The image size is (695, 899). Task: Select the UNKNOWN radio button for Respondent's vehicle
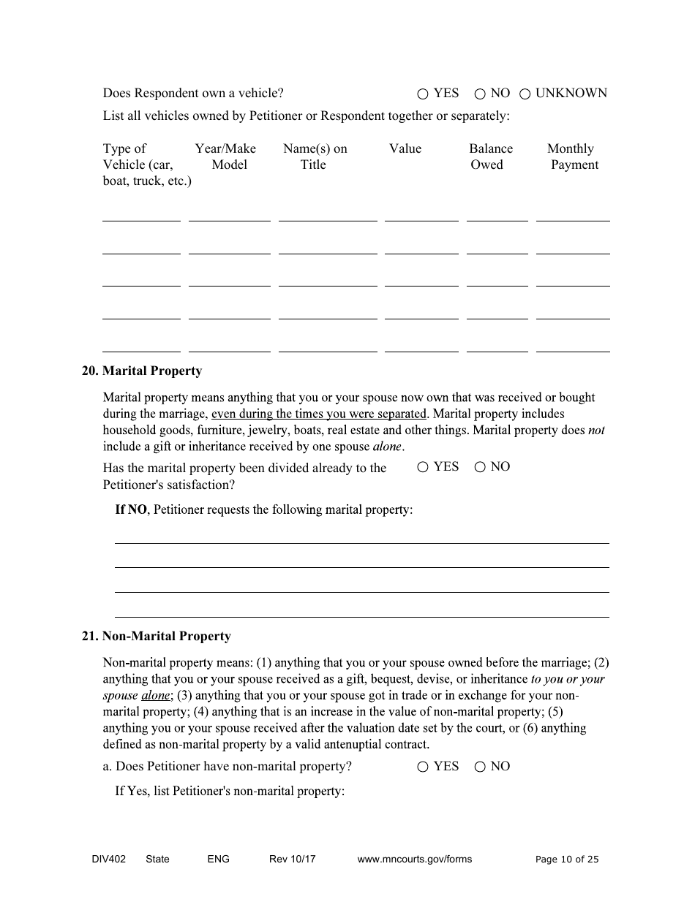525,94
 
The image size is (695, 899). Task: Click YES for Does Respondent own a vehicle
423,94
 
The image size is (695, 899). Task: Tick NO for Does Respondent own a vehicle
480,94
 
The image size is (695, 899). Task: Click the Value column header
405,149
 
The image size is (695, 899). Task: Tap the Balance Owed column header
490,156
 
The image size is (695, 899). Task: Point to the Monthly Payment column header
571,156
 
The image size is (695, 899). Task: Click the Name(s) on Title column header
315,156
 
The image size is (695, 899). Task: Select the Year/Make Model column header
226,156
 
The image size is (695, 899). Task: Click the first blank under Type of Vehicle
141,214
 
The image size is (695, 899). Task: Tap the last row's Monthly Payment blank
572,345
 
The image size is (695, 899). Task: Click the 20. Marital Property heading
141,371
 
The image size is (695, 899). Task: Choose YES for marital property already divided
423,468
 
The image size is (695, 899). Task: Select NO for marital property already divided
480,468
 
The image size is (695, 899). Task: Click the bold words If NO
131,509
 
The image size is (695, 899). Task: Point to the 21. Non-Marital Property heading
156,637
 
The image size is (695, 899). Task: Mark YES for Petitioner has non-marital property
423,767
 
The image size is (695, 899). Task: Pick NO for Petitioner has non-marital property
480,767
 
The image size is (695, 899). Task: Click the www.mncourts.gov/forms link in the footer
414,860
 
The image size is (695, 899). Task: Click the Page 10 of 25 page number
566,860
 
